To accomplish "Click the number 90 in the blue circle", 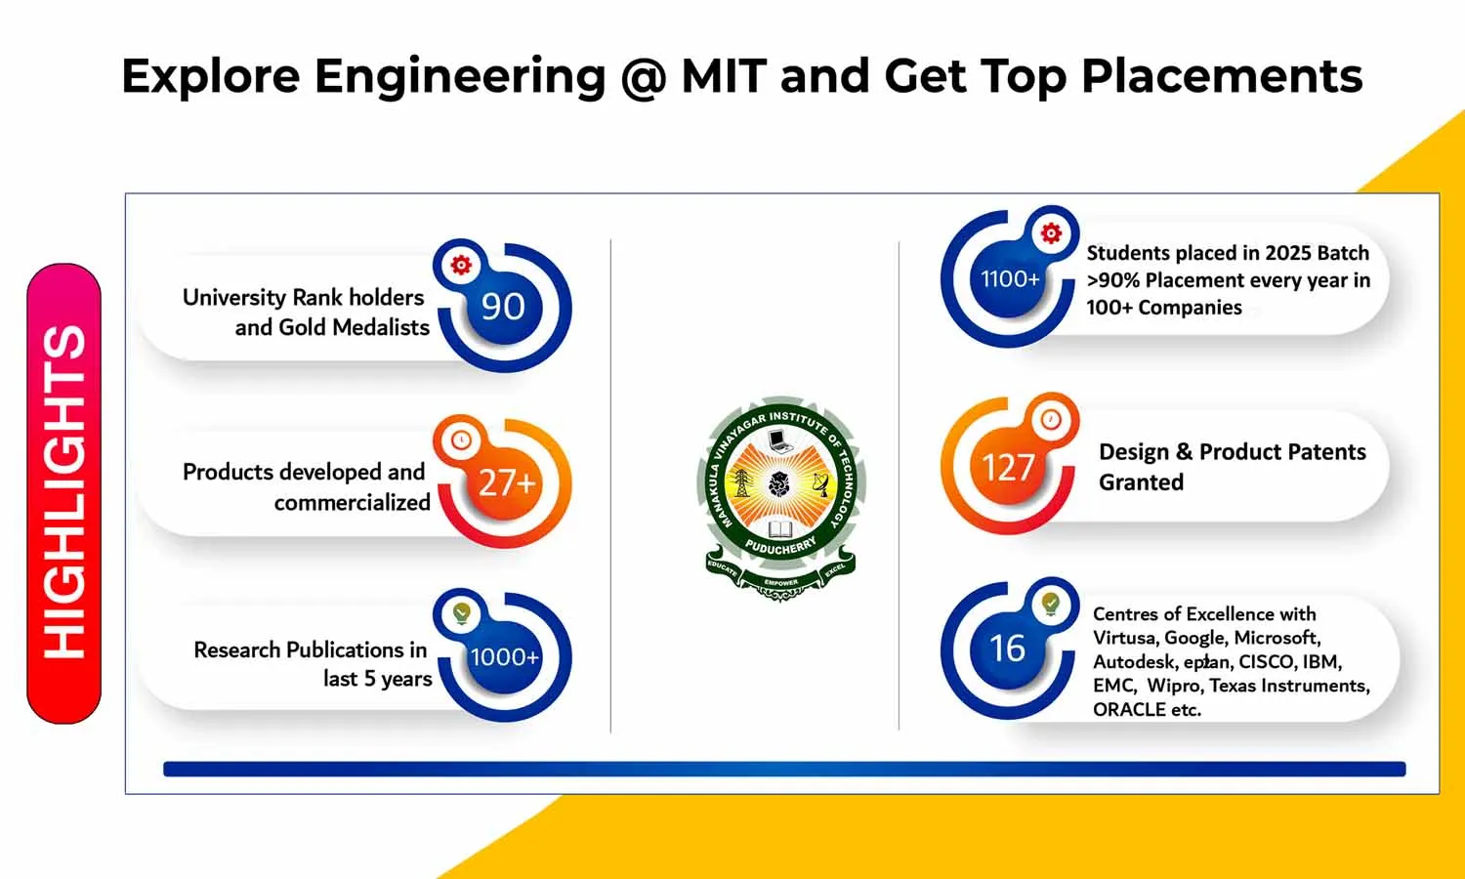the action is click(503, 306).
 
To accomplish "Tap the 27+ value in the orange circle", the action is click(507, 483).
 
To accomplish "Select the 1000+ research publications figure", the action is click(504, 656).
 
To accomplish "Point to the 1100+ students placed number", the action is click(1010, 279).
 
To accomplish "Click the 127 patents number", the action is click(1008, 468).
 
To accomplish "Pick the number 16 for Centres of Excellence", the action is click(1007, 649).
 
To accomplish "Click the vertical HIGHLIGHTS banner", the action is click(64, 493).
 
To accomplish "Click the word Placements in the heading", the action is click(1222, 76).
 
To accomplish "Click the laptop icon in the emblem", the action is click(779, 440).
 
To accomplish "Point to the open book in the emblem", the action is click(780, 528).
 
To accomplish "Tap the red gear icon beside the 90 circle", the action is click(461, 265).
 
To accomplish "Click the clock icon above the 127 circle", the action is click(1051, 419).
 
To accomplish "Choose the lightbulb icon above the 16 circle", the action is click(1051, 604).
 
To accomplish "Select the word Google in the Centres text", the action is click(1193, 639).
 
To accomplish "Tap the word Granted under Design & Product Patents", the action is click(1142, 482).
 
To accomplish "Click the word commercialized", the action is click(352, 502).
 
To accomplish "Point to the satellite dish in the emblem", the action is click(820, 484).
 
